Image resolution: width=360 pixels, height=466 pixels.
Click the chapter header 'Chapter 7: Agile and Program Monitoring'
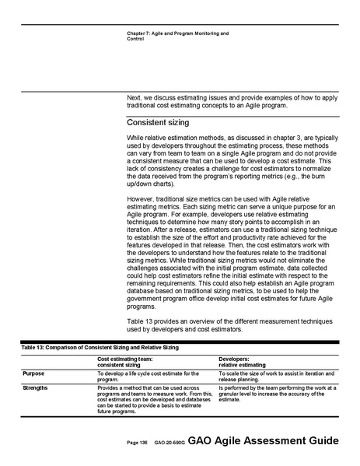(x=177, y=33)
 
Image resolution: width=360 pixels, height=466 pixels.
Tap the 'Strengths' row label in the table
(x=37, y=386)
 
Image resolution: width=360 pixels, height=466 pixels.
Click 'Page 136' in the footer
(x=138, y=443)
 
